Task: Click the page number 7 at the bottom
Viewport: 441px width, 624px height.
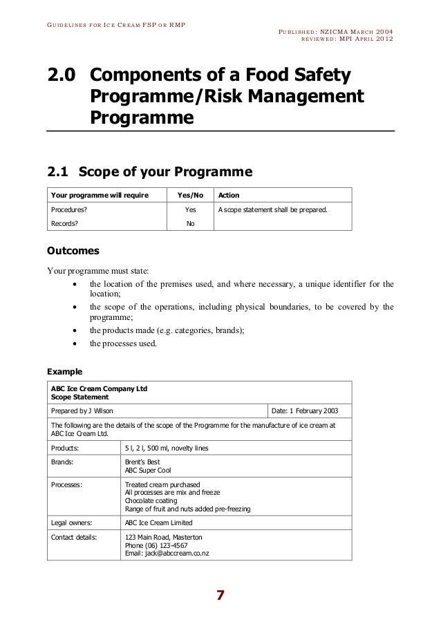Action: pos(220,596)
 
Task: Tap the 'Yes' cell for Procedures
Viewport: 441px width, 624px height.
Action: pos(191,209)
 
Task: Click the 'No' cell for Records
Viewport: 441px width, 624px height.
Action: pos(191,223)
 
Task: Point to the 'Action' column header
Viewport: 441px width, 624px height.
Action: pos(229,195)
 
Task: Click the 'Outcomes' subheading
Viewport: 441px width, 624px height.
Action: pos(73,250)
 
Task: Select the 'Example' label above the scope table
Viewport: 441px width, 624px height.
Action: pos(64,371)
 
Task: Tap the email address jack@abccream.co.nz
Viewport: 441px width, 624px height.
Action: pos(167,553)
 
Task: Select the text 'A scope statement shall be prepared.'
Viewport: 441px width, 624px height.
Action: pos(272,209)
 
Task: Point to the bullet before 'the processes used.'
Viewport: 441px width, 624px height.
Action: pos(74,343)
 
